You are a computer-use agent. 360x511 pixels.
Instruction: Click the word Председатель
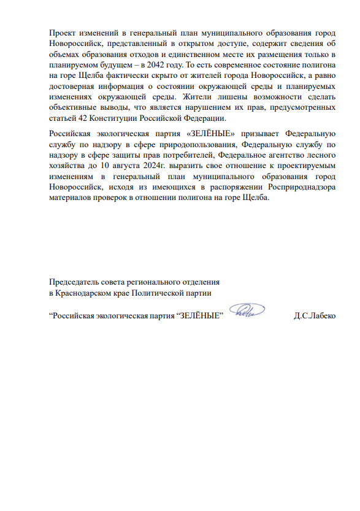pyautogui.click(x=74, y=282)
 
